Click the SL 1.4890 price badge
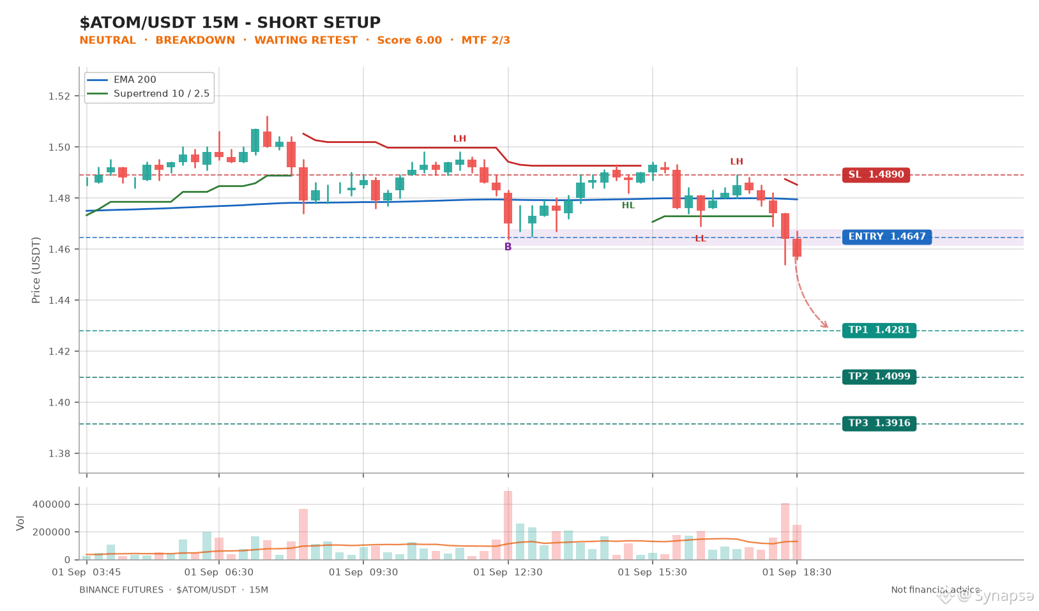(x=876, y=175)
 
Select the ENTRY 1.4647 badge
(x=887, y=236)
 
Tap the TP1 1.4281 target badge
(x=879, y=330)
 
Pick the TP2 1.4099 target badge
(x=879, y=377)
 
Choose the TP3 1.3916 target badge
(x=879, y=423)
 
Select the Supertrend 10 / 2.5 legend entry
(x=148, y=94)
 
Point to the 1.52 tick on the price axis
(x=59, y=96)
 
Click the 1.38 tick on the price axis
(x=59, y=453)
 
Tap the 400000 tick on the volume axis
(x=51, y=504)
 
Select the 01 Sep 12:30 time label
(x=508, y=572)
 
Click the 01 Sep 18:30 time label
(x=797, y=572)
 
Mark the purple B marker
(x=508, y=246)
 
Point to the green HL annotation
(x=628, y=206)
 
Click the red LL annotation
(x=701, y=239)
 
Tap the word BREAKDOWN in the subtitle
(x=195, y=40)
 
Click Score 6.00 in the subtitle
(x=409, y=40)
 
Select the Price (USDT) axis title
(x=36, y=270)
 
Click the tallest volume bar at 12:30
(x=508, y=525)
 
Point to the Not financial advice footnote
(x=936, y=590)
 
